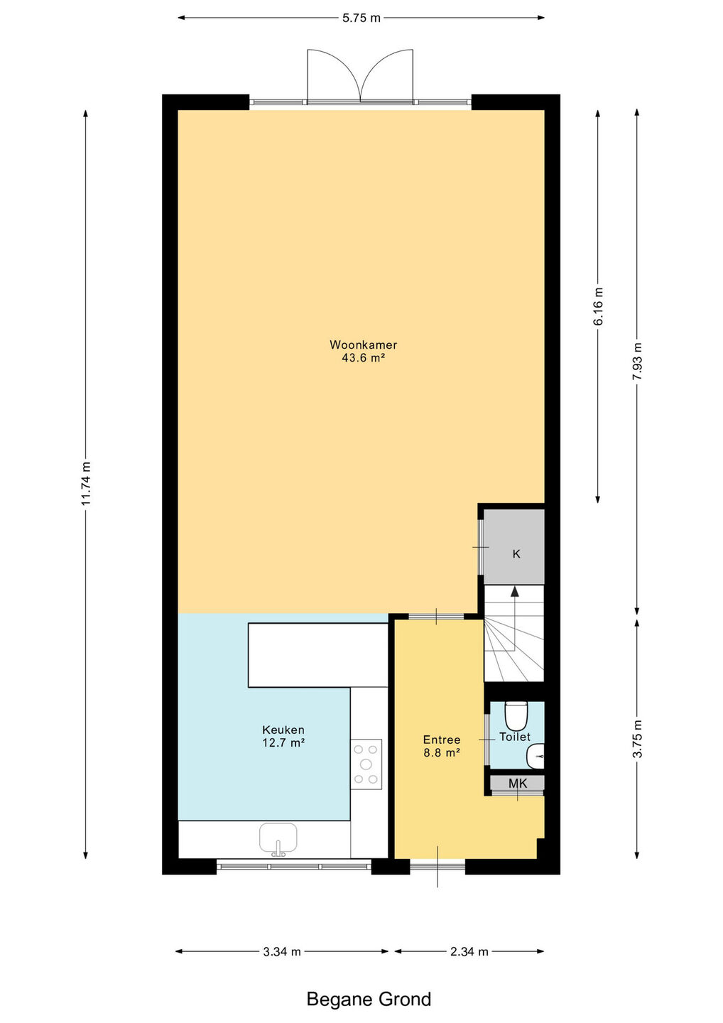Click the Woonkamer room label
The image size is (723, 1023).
[364, 345]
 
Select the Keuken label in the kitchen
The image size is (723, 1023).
[283, 730]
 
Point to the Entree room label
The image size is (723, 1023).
[441, 740]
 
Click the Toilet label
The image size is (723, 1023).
[515, 737]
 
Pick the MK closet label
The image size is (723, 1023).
[518, 784]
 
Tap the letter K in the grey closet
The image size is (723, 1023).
[516, 554]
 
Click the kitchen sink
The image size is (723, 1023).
[278, 840]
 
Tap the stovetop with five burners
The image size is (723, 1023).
[366, 764]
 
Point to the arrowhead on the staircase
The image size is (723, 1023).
[515, 591]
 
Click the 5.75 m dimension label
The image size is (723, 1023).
[361, 18]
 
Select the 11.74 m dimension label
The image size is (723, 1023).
[86, 484]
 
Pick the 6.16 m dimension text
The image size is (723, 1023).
[598, 306]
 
